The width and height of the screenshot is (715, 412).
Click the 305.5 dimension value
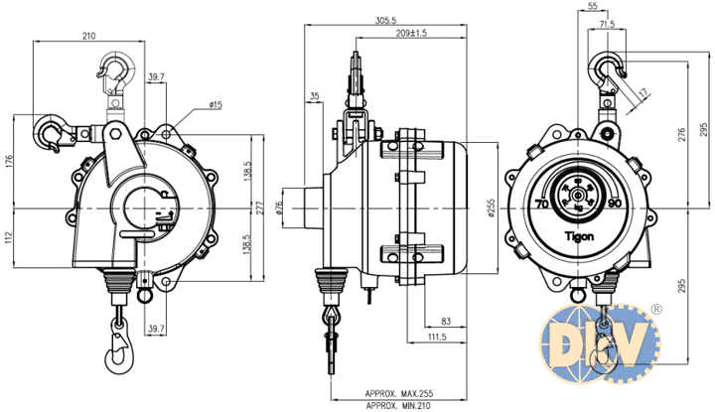click(385, 20)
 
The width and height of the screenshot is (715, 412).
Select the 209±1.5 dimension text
click(411, 33)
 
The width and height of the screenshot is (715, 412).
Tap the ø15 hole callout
click(215, 105)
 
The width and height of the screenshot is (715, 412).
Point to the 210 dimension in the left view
click(88, 36)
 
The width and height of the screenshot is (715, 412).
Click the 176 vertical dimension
click(9, 162)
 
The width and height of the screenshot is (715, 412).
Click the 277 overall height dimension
click(259, 207)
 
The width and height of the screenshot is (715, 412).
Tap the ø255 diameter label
click(492, 208)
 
